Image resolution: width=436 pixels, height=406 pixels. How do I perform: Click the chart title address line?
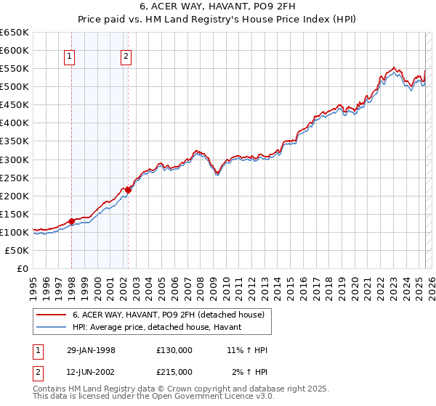tap(217, 7)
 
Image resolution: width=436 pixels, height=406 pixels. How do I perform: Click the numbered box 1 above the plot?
tap(70, 57)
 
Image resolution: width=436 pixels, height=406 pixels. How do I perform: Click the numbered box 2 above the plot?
tap(126, 57)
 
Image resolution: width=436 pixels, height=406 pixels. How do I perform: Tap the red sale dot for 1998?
tap(72, 221)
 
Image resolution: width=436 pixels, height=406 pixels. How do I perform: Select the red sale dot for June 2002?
tap(128, 190)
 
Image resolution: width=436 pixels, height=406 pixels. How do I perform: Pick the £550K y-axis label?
tap(15, 69)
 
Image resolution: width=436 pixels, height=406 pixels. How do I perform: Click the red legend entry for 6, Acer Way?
tap(172, 315)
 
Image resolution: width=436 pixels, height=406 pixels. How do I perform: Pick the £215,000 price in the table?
tap(174, 373)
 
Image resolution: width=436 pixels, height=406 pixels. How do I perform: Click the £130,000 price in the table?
tap(174, 349)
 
